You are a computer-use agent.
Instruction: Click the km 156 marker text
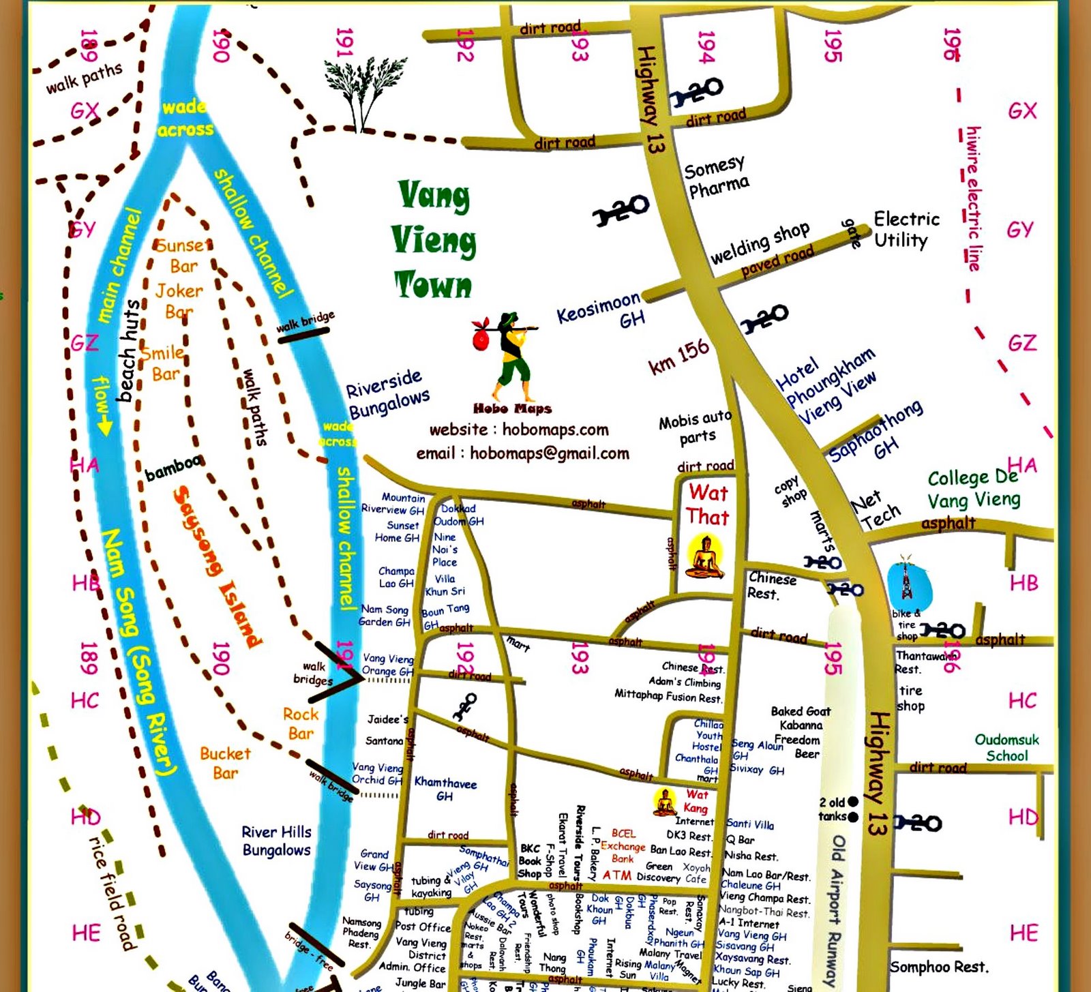pyautogui.click(x=679, y=357)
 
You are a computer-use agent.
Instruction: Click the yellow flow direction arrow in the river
pyautogui.click(x=103, y=407)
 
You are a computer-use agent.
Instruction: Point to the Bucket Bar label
pyautogui.click(x=225, y=763)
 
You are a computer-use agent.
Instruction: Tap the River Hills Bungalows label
pyautogui.click(x=276, y=841)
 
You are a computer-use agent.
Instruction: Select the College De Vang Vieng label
pyautogui.click(x=974, y=490)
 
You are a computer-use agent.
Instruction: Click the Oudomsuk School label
pyautogui.click(x=1006, y=747)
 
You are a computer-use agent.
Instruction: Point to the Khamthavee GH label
pyautogui.click(x=445, y=789)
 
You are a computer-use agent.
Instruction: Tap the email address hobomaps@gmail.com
pyautogui.click(x=522, y=453)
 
